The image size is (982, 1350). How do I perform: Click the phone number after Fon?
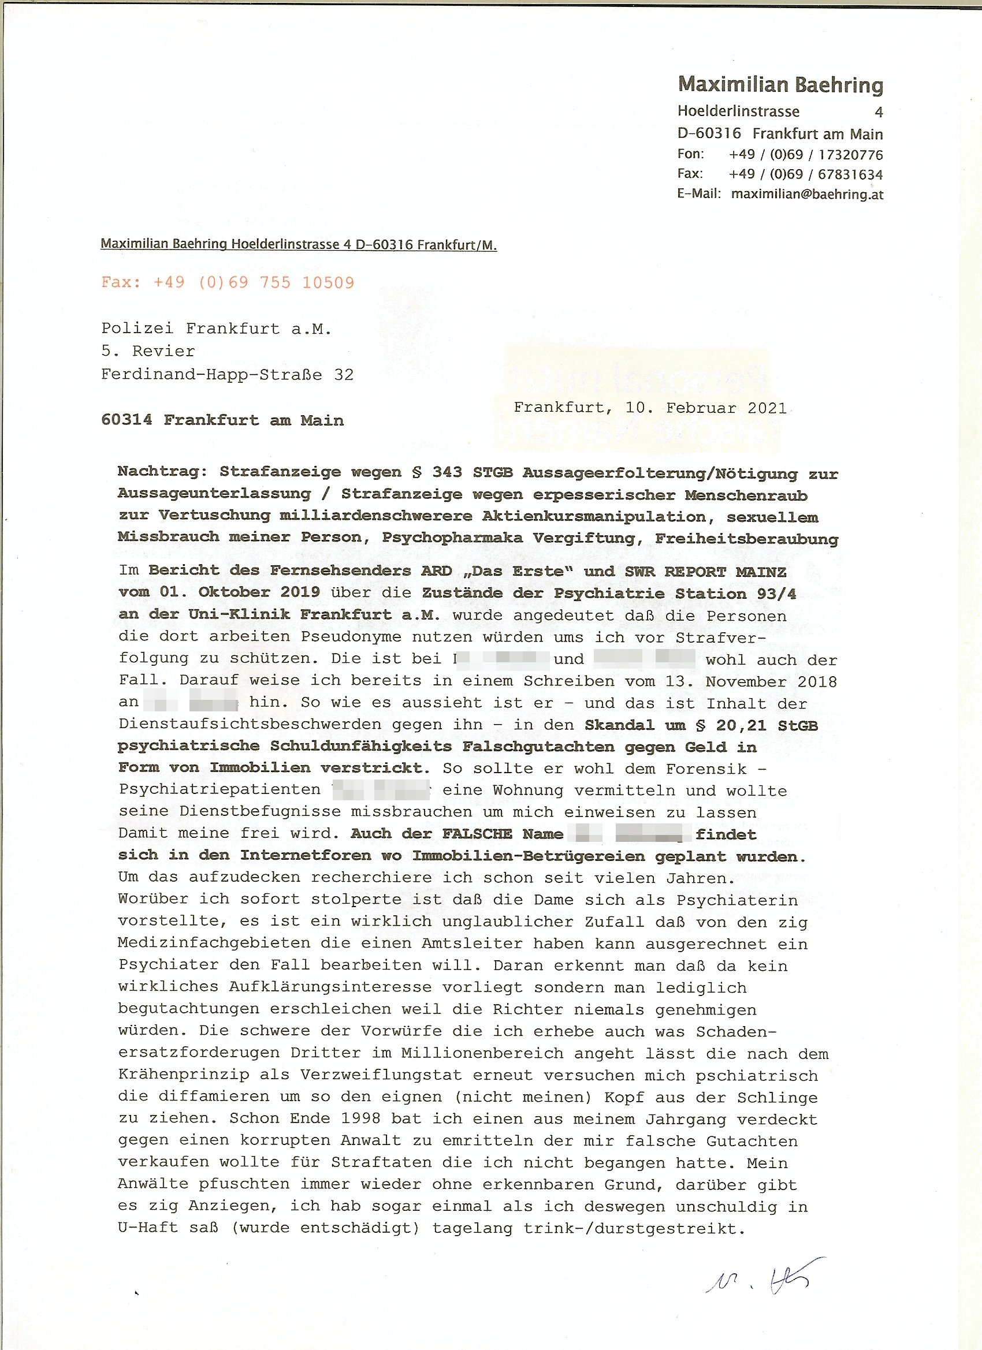point(805,155)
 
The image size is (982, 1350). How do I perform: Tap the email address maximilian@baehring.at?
point(806,194)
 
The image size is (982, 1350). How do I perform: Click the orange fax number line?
point(228,282)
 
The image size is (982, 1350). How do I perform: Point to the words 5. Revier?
point(148,351)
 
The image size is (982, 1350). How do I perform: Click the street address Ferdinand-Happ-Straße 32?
point(227,374)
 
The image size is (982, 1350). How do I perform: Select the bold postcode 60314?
point(127,420)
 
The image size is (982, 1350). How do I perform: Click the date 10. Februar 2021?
point(706,408)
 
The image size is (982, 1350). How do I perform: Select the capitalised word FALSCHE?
point(477,834)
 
